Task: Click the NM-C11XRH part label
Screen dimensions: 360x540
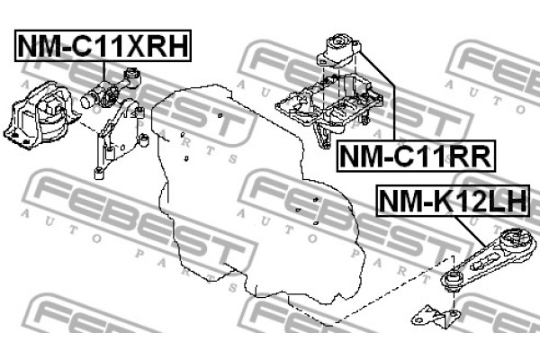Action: pyautogui.click(x=103, y=46)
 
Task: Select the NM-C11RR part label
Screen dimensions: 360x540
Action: pyautogui.click(x=415, y=157)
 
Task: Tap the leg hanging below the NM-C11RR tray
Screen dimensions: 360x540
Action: pyautogui.click(x=321, y=135)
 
